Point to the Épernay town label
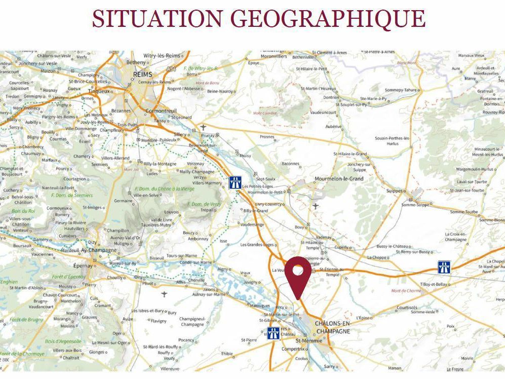click(84, 266)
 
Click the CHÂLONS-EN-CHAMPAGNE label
click(333, 327)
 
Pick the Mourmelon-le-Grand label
click(339, 179)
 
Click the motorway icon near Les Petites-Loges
click(235, 182)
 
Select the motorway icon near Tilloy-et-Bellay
click(444, 267)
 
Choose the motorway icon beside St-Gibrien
click(274, 333)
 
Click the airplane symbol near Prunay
click(204, 127)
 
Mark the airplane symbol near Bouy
click(316, 206)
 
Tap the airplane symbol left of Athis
click(164, 294)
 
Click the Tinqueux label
click(99, 91)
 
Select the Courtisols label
click(407, 307)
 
